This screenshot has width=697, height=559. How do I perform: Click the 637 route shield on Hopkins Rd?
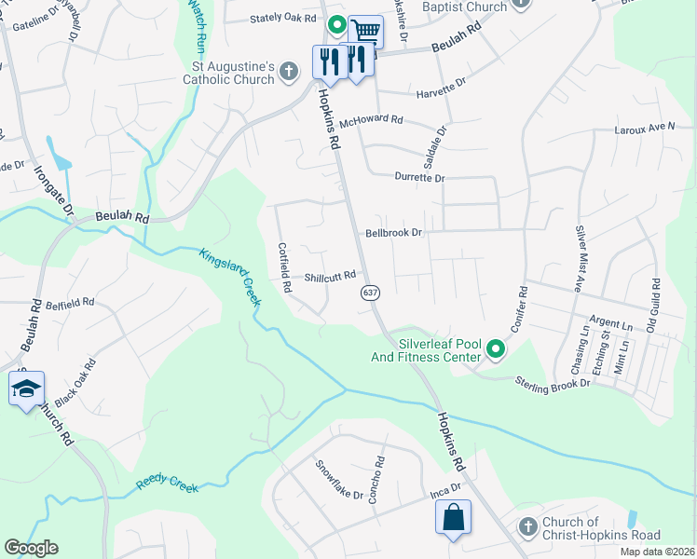[370, 293]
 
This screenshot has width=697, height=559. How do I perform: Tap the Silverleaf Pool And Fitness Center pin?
[496, 350]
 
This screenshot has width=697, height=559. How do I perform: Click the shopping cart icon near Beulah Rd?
[366, 32]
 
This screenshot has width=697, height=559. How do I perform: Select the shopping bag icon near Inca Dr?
[453, 518]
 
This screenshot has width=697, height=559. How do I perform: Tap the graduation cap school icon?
[26, 389]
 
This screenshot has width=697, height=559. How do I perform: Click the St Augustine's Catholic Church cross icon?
[289, 71]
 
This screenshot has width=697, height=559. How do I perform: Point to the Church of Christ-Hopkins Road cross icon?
[527, 527]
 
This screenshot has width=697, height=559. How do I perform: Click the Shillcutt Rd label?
[330, 277]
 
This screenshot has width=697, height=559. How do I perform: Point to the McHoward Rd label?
[371, 121]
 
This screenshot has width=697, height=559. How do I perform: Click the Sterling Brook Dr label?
[554, 382]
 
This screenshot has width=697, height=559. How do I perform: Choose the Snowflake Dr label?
[338, 481]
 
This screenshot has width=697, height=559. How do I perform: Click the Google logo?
[31, 548]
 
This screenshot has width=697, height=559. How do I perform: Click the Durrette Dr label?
[419, 177]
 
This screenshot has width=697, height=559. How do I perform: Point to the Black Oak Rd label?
[75, 383]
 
